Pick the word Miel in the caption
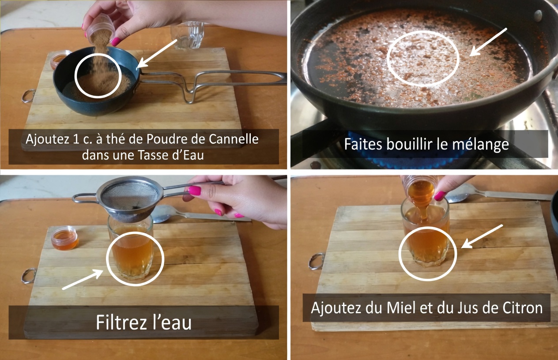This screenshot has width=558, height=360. tap(401, 307)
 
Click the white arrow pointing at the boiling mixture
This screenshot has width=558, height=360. tap(487, 42)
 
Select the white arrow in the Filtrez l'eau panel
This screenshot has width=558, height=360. tap(83, 280)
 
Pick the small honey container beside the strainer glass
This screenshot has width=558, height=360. tap(64, 238)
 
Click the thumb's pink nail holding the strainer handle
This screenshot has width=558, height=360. tap(195, 190)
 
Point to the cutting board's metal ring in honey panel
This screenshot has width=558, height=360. tap(316, 261)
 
